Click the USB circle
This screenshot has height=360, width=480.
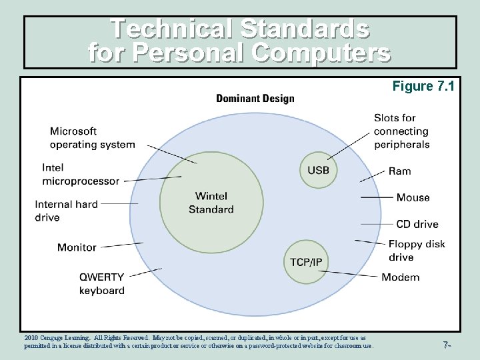[x=318, y=170]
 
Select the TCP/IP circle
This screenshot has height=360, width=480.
[x=306, y=261]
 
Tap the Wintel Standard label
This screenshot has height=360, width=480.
[x=211, y=203]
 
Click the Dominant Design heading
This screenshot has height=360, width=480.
[x=255, y=99]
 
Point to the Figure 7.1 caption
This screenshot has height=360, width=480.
[x=423, y=86]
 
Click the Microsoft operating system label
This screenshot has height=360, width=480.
[x=92, y=138]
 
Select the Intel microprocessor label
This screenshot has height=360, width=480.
[x=81, y=174]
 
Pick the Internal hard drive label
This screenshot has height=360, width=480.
[x=66, y=211]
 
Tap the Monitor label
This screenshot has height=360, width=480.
[x=77, y=247]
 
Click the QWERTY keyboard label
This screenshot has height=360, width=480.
[x=101, y=283]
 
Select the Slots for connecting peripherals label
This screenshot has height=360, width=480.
[x=401, y=131]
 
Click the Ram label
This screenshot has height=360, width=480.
[x=400, y=171]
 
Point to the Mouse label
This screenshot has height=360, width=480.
[x=413, y=197]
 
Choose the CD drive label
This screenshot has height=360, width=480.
[x=417, y=224]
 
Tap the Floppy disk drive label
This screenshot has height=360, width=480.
[x=416, y=251]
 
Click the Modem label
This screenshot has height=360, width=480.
[x=400, y=277]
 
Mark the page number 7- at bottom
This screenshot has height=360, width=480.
[x=447, y=345]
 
